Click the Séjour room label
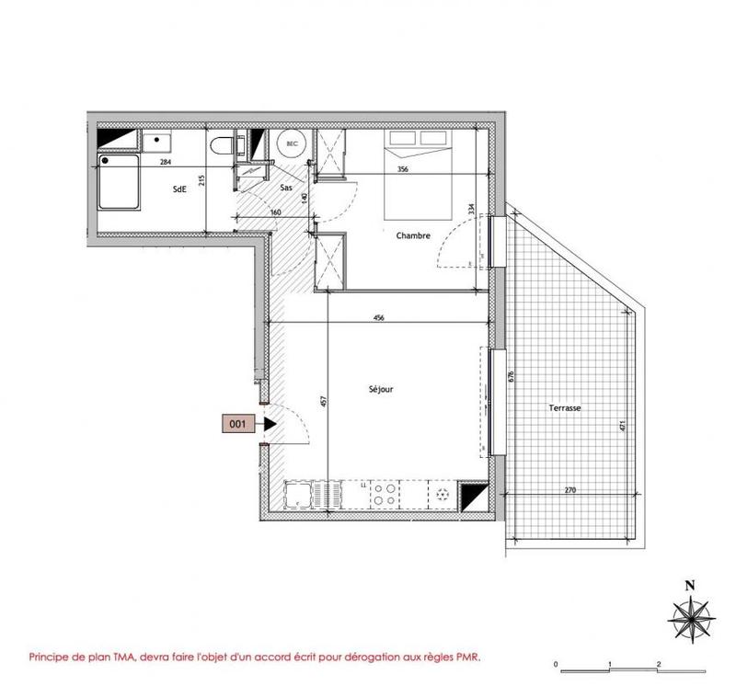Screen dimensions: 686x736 (380, 389)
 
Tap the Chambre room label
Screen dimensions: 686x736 (413, 236)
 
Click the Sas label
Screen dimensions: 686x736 (286, 188)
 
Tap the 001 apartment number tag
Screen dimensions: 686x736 (236, 424)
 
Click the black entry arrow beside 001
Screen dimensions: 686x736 (269, 424)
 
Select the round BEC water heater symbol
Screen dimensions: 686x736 (293, 144)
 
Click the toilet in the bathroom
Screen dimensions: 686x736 (222, 147)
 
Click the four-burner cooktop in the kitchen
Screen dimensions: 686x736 (385, 496)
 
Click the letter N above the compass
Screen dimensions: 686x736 (687, 584)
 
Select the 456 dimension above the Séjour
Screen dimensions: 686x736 (378, 318)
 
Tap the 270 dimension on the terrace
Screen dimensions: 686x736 (569, 490)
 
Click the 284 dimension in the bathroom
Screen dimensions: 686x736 (166, 163)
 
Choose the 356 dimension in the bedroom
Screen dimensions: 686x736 (402, 169)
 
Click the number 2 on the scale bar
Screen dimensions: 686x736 (660, 663)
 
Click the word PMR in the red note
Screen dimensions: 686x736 (467, 657)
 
